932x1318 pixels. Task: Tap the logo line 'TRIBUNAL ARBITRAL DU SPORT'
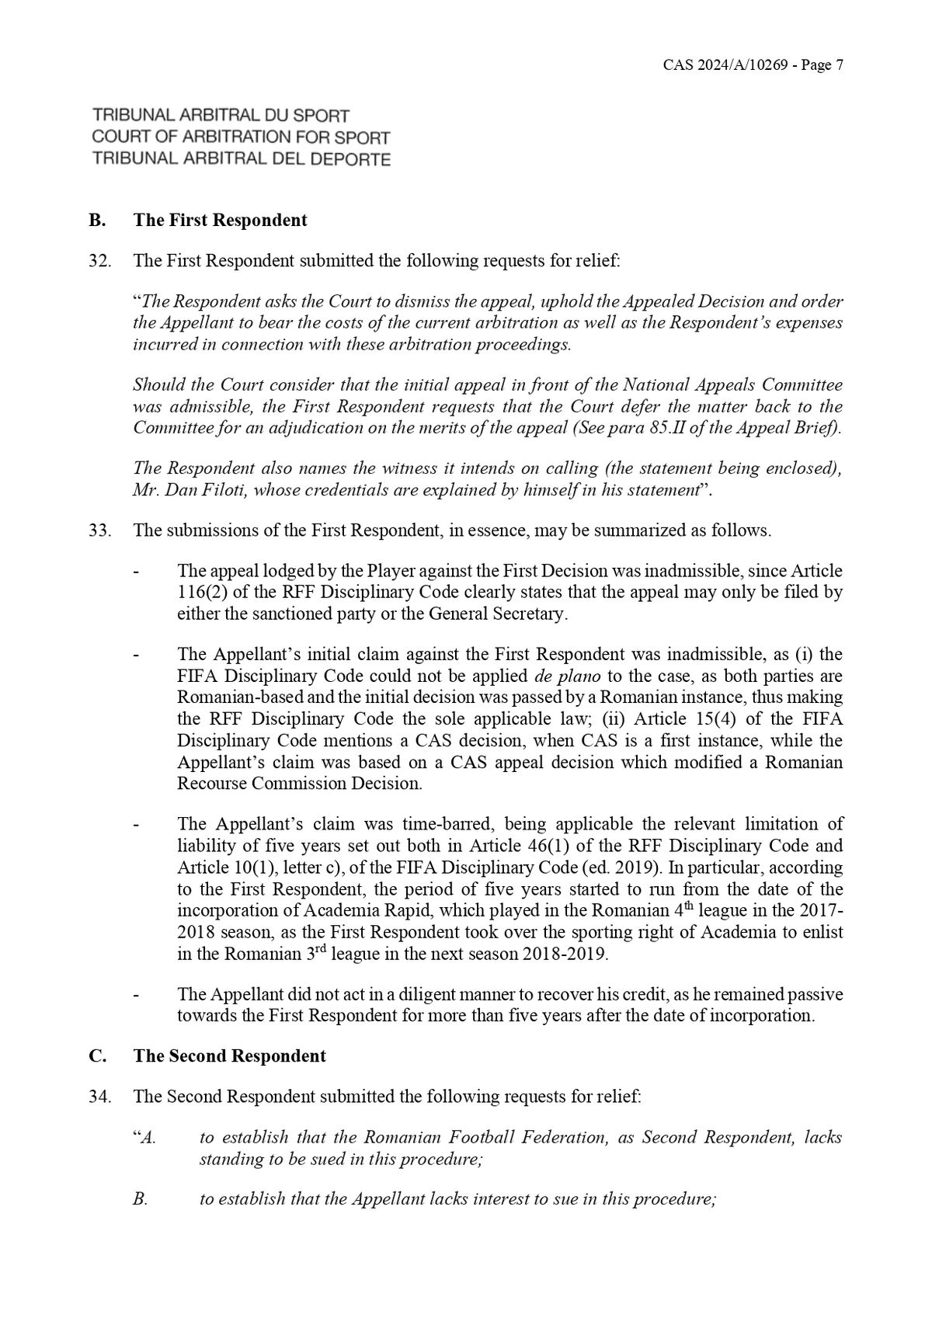221,116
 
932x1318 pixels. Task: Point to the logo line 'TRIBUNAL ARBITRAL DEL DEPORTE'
241,159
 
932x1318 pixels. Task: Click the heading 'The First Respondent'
220,220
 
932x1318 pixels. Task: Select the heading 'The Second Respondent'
229,1056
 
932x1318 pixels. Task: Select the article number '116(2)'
200,593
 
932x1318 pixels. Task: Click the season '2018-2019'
565,954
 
